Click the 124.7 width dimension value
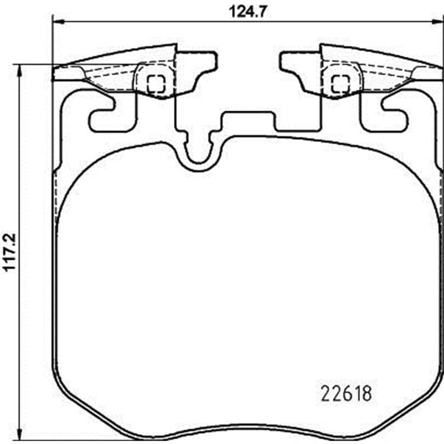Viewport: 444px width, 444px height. [248, 12]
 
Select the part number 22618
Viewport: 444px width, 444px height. [346, 394]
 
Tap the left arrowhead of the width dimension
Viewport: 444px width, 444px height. [59, 21]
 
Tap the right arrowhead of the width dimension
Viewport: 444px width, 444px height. [437, 21]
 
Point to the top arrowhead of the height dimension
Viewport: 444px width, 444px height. [19, 70]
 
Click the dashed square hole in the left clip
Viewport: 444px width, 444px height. [156, 84]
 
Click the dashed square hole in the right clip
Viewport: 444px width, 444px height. [340, 84]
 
